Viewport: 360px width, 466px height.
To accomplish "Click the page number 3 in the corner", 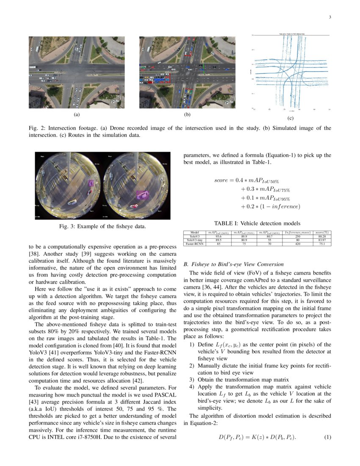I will coord(329,17).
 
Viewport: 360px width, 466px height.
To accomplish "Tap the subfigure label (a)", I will coord(76,114).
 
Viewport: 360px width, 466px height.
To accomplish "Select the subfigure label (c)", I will coord(290,118).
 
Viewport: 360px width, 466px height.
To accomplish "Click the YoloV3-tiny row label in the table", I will coord(195,240).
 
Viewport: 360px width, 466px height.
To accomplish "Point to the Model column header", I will coord(195,232).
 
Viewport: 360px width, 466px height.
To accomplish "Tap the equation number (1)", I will coord(327,437).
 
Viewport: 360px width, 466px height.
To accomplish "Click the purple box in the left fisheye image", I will coord(90,183).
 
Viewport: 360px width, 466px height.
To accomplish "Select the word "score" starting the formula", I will coord(221,180).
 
